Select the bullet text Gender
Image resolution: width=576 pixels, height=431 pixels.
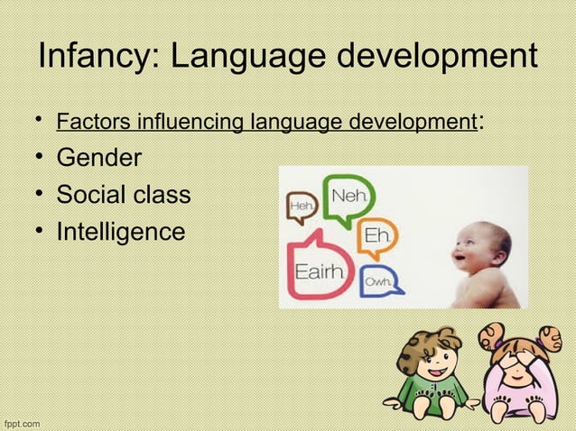[x=99, y=159]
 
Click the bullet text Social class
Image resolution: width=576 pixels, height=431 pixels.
[x=124, y=195]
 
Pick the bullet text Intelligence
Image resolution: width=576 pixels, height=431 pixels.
[x=121, y=232]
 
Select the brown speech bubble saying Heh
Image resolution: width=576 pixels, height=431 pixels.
[x=301, y=208]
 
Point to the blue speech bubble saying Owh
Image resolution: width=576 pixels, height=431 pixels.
[x=376, y=282]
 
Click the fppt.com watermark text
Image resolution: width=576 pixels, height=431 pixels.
[x=21, y=422]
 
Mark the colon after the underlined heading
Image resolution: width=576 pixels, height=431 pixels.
[x=478, y=121]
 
